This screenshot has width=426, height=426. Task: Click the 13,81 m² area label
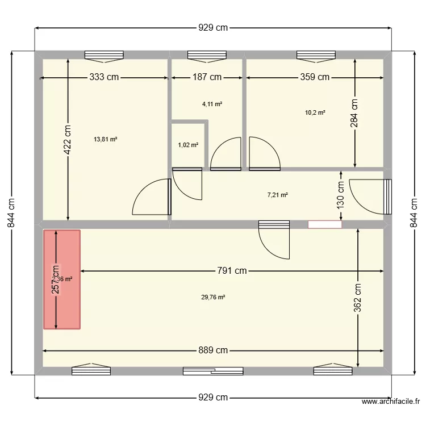tap(106, 139)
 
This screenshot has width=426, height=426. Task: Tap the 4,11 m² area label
tap(212, 104)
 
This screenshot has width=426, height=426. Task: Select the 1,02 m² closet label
tap(188, 145)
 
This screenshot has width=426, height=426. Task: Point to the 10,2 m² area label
tap(315, 112)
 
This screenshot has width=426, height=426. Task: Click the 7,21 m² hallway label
tap(277, 195)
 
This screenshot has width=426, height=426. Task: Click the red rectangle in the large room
tap(62, 279)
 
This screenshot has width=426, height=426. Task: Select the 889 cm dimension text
tap(213, 350)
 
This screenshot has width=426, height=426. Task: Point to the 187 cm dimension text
tap(207, 77)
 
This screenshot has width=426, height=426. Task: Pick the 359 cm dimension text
tap(315, 77)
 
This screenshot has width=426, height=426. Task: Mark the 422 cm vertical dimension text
tap(68, 140)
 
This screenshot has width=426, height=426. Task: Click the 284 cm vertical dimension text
tap(355, 114)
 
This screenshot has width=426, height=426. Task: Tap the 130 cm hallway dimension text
tap(340, 194)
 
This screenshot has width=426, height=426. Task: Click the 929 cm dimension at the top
tap(213, 27)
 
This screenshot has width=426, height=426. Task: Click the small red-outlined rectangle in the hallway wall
tap(325, 224)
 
